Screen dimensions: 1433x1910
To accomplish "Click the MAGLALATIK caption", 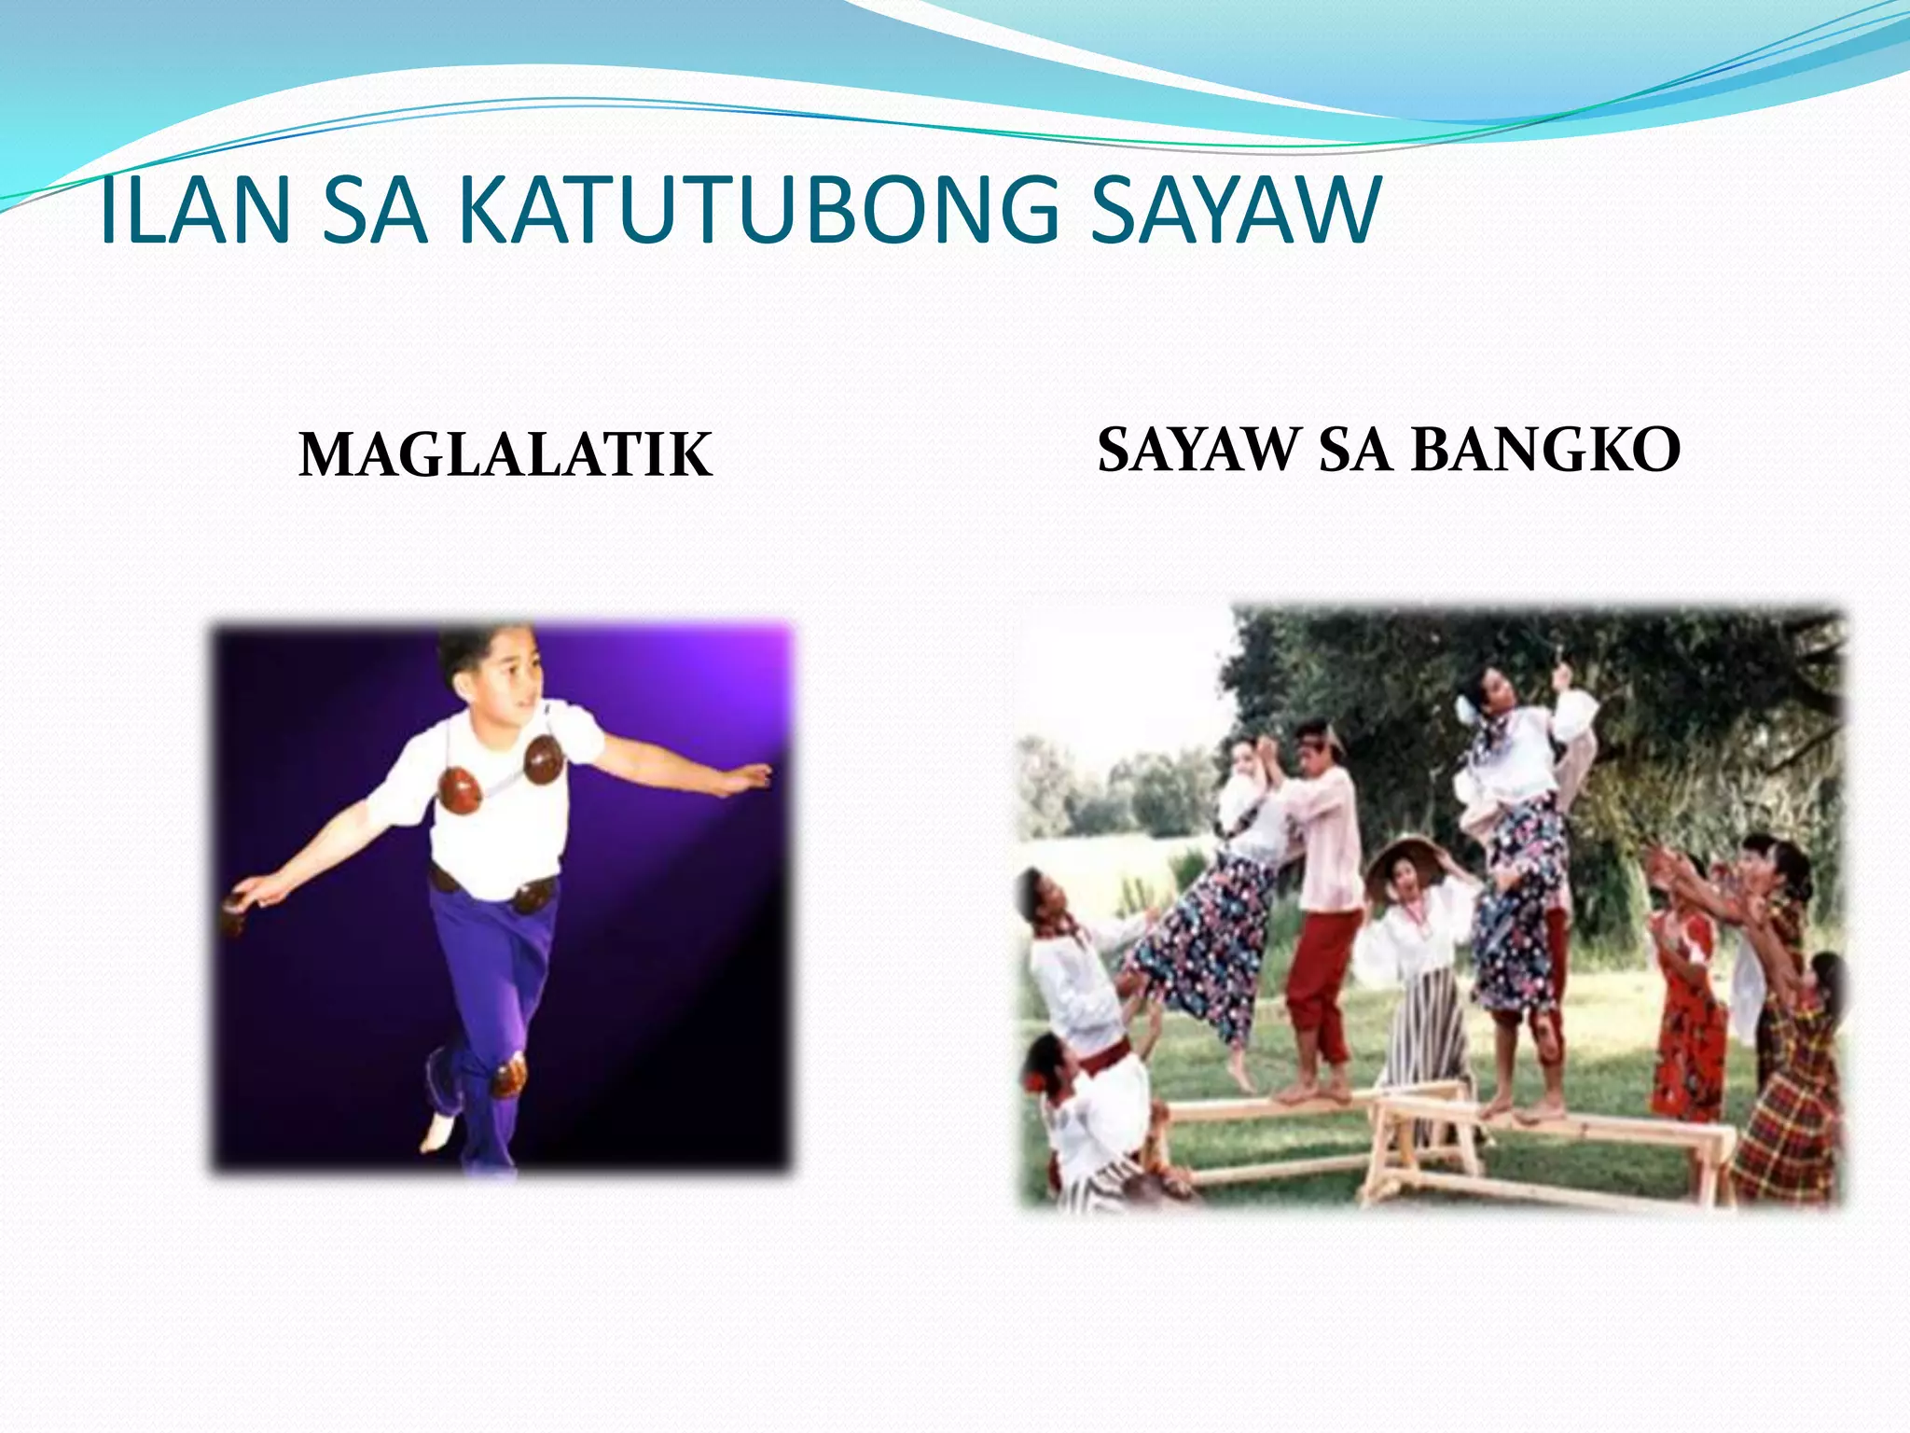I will (505, 455).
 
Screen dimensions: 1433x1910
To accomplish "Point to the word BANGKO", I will (1545, 450).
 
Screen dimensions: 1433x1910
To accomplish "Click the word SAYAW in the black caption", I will (1198, 450).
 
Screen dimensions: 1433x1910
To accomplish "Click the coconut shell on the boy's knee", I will (509, 1078).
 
